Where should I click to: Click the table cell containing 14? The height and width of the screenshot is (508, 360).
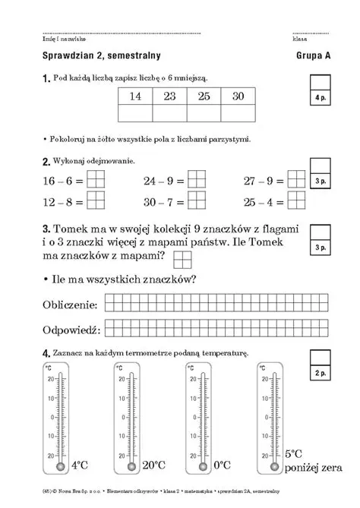pyautogui.click(x=136, y=96)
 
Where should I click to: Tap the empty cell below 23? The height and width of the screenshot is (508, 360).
pyautogui.click(x=169, y=114)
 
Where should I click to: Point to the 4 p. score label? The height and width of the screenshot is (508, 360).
pyautogui.click(x=320, y=99)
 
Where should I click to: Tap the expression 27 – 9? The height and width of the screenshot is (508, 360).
pyautogui.click(x=263, y=181)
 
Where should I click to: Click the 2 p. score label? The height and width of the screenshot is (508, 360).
pyautogui.click(x=320, y=374)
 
